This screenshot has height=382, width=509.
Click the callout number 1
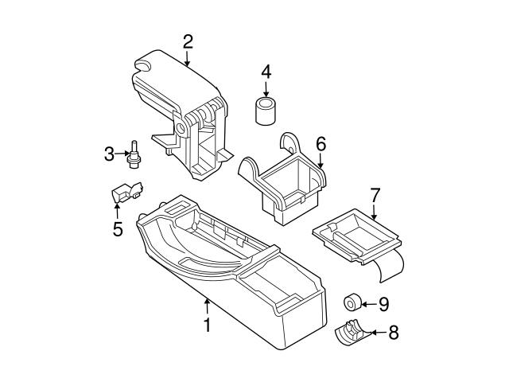[x=207, y=326]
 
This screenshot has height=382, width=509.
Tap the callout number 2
[x=188, y=41]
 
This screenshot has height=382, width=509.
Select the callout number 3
[x=110, y=154]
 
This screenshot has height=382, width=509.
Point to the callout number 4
[x=266, y=72]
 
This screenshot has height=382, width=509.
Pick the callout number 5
[x=117, y=230]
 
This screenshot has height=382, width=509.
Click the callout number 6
[x=321, y=144]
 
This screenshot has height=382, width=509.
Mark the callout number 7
[x=375, y=194]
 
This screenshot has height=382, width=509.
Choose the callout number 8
[x=391, y=333]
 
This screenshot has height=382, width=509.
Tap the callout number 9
[x=383, y=303]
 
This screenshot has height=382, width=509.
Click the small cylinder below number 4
[x=266, y=111]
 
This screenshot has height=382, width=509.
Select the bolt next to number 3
[x=135, y=154]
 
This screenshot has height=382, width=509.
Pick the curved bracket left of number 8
[x=349, y=333]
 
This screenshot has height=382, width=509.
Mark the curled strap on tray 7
[x=390, y=267]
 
